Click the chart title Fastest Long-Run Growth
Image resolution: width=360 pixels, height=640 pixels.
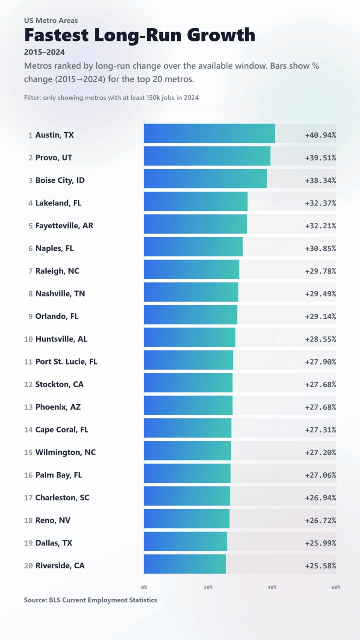(x=140, y=35)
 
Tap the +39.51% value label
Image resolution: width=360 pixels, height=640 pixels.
(x=320, y=158)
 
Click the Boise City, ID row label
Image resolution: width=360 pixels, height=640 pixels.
(x=60, y=180)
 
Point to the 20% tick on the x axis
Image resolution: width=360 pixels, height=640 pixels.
(x=208, y=587)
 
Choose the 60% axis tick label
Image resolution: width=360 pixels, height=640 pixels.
(x=335, y=587)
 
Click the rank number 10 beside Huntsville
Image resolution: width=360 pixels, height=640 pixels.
(x=28, y=339)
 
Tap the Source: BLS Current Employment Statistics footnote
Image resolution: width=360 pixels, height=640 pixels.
(x=90, y=600)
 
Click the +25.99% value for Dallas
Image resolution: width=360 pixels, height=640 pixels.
(x=320, y=543)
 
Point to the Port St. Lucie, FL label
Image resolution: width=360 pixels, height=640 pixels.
(x=66, y=362)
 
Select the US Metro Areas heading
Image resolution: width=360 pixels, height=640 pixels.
(x=51, y=20)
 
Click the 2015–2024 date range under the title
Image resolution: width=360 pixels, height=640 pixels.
(x=44, y=52)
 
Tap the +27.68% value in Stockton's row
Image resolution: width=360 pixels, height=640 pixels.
(x=320, y=385)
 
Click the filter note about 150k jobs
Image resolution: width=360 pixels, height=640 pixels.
(x=111, y=97)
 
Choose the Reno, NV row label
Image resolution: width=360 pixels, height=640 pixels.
(x=52, y=520)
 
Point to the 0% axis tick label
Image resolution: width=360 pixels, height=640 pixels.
(x=144, y=587)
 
